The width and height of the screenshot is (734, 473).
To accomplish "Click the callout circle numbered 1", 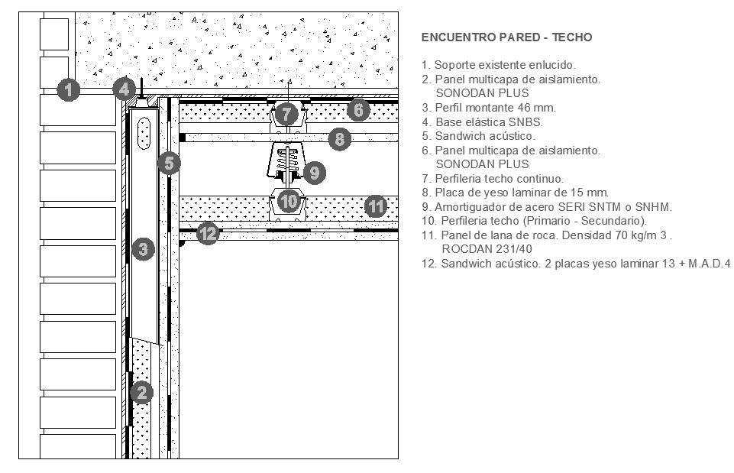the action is click(68, 89).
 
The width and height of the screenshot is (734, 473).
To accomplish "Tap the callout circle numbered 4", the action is click(124, 89).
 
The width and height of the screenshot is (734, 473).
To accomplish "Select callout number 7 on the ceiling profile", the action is click(286, 114).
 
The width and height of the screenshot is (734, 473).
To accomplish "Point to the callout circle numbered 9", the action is click(315, 173).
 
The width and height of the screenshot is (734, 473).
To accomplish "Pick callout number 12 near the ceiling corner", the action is click(209, 233).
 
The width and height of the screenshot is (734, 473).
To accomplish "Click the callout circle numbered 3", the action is click(144, 249).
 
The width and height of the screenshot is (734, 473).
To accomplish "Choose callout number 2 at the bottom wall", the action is click(142, 393).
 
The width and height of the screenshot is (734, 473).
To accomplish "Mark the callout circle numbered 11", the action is click(376, 206).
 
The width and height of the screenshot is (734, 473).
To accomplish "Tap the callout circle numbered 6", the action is click(358, 110).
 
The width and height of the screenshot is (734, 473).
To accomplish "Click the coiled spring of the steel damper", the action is click(286, 160).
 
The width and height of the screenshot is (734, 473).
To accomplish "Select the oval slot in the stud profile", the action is click(144, 134).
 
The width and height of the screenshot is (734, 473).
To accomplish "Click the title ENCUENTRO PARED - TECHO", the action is click(506, 37).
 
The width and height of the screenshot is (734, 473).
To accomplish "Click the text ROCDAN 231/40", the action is click(487, 249).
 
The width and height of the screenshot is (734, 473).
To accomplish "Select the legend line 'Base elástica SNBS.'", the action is click(482, 122).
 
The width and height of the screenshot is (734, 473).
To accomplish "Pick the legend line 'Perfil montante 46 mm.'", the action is click(489, 108).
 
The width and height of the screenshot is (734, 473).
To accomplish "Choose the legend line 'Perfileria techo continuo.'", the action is click(493, 179).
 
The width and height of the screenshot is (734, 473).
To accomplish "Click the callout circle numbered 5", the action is click(169, 164).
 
